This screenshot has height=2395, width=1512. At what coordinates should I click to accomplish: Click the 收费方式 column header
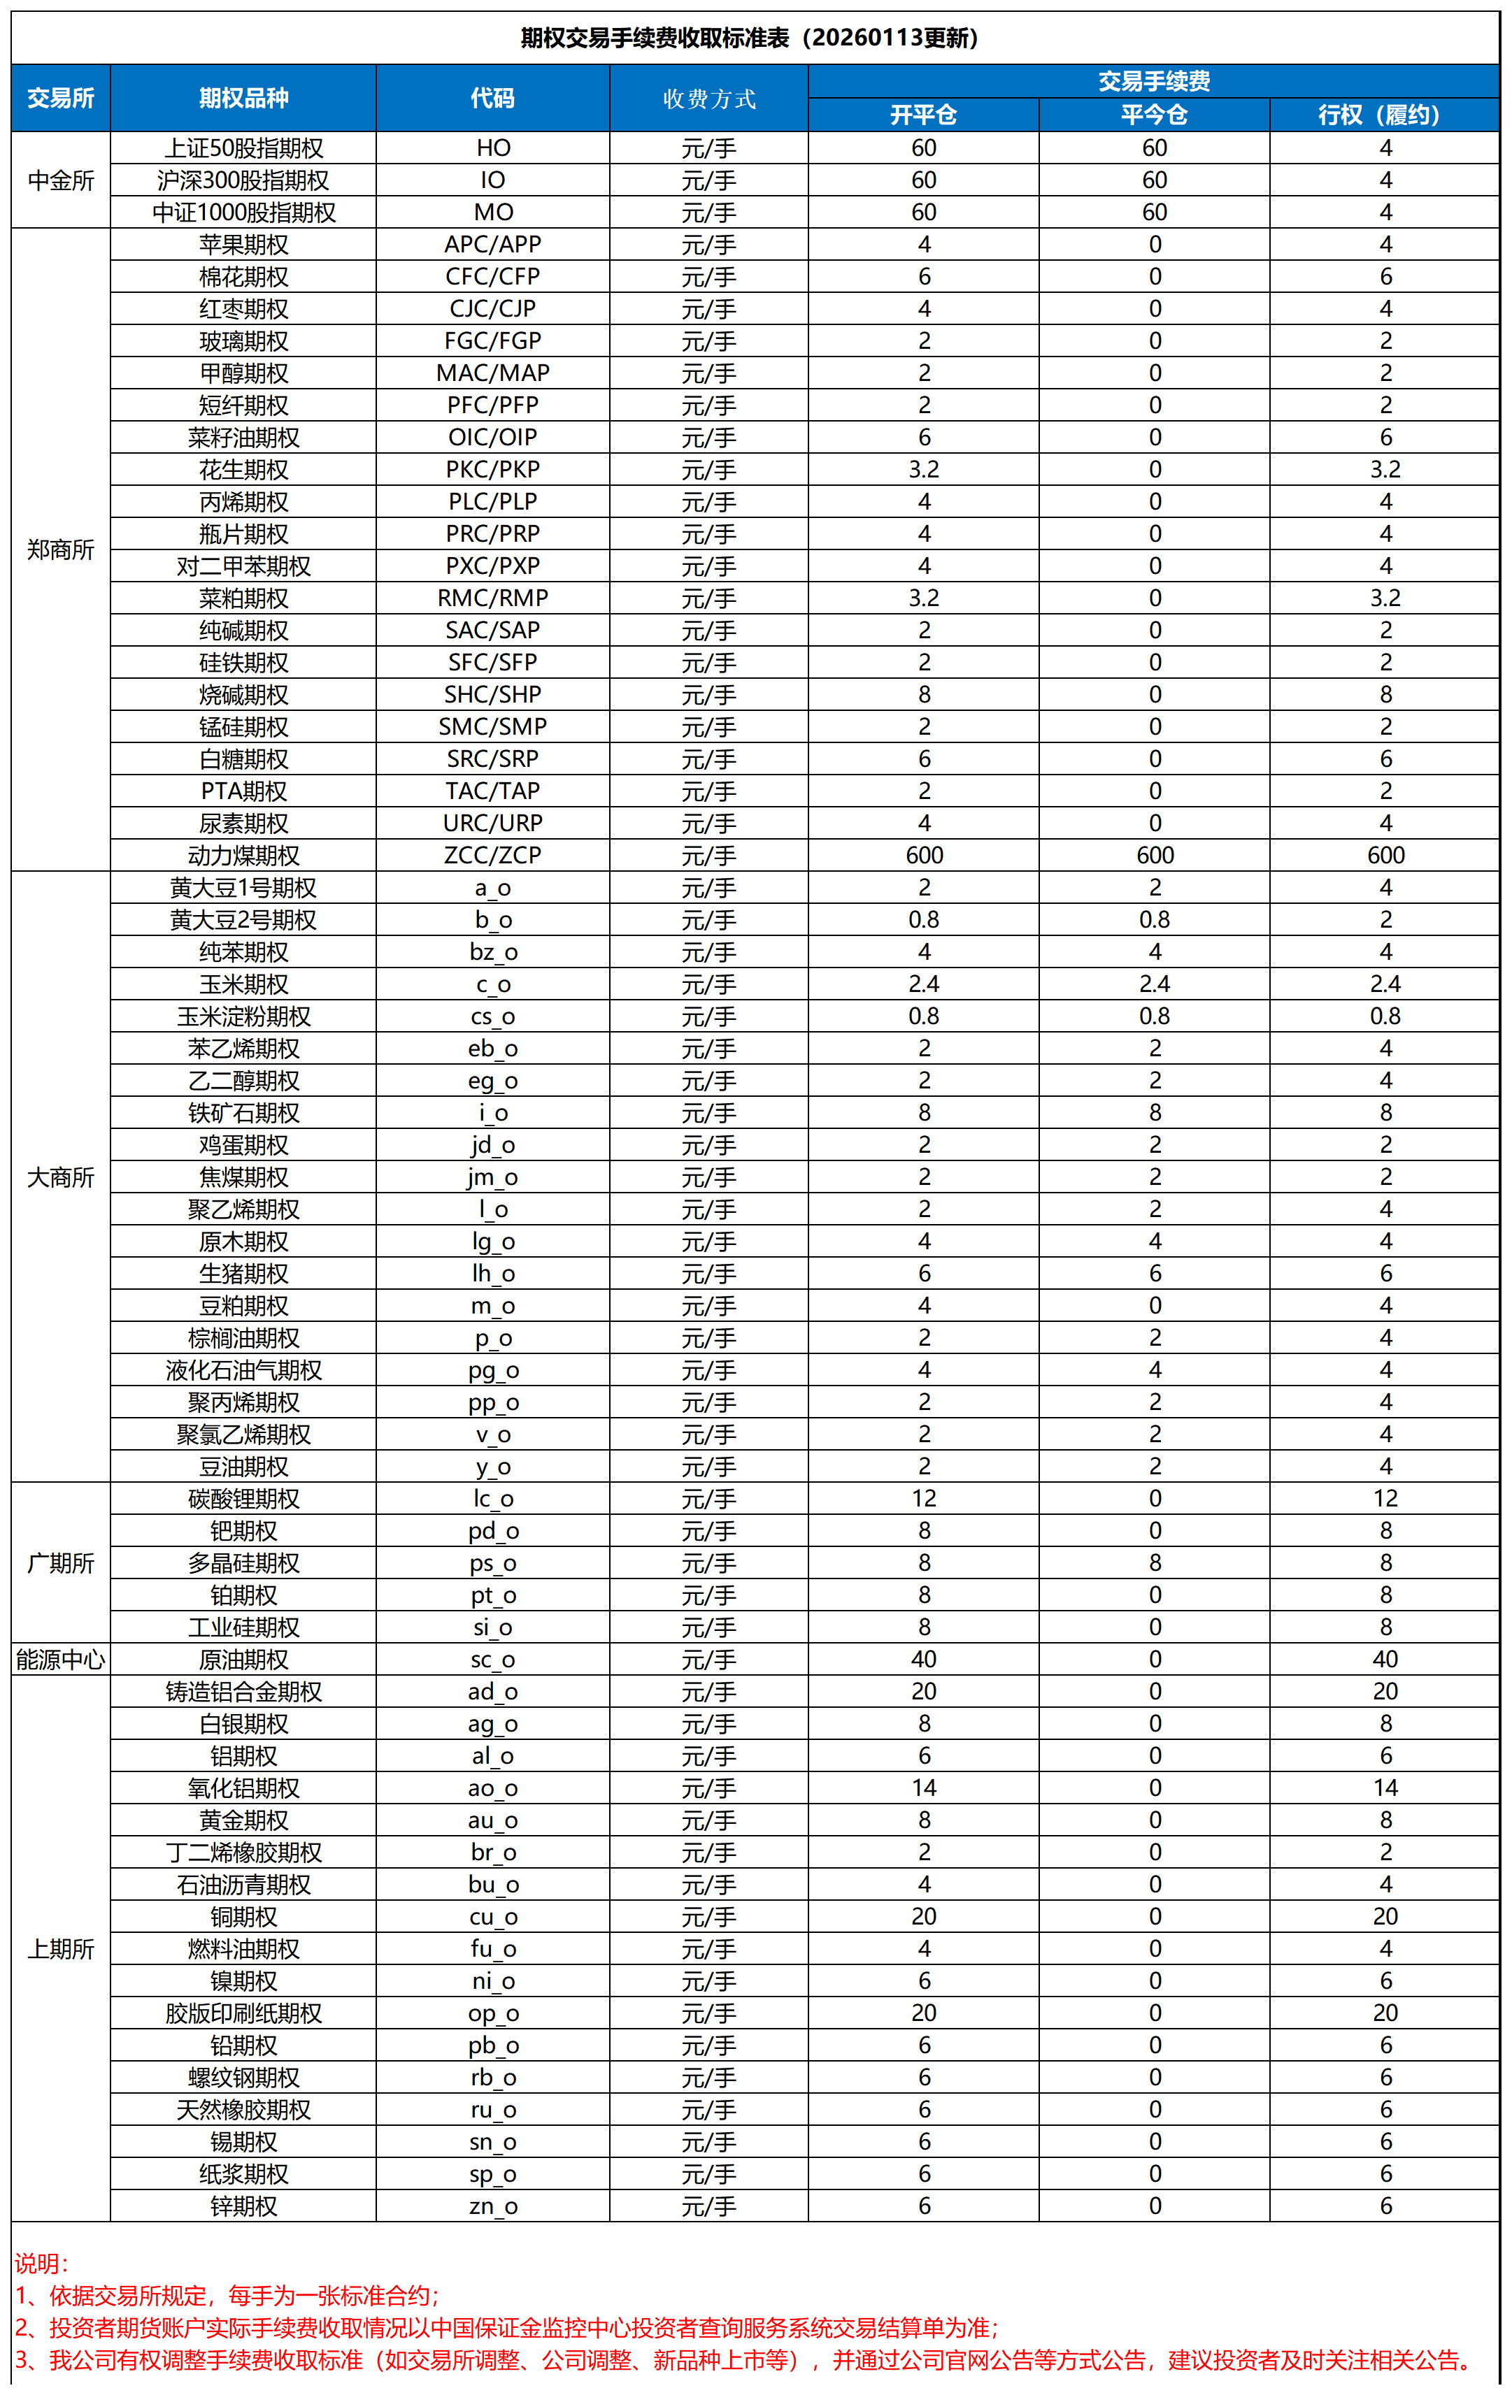click(708, 99)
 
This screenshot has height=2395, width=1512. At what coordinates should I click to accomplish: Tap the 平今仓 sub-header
click(1154, 115)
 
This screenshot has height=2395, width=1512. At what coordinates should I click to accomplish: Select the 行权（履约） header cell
click(1384, 115)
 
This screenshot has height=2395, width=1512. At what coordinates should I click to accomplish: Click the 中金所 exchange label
click(61, 180)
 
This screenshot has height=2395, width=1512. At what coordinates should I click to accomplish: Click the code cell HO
click(492, 148)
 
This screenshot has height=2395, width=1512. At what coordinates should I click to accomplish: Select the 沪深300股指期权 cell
click(243, 180)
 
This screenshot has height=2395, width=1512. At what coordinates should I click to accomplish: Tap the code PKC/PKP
click(492, 470)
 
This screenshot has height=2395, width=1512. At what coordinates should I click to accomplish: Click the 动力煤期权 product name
click(243, 856)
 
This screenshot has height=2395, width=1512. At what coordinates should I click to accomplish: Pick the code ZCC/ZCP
click(492, 856)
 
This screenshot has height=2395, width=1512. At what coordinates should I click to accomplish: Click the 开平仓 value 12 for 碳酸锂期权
click(923, 1498)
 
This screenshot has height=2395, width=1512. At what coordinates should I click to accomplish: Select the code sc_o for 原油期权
click(492, 1659)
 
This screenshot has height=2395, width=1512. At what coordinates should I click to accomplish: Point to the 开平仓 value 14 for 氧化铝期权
click(923, 1788)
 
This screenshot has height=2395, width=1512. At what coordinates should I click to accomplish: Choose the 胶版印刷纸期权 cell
click(243, 2013)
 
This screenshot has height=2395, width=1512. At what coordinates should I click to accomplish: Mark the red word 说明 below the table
click(40, 2263)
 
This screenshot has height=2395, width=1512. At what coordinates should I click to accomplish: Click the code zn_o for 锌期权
click(492, 2206)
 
